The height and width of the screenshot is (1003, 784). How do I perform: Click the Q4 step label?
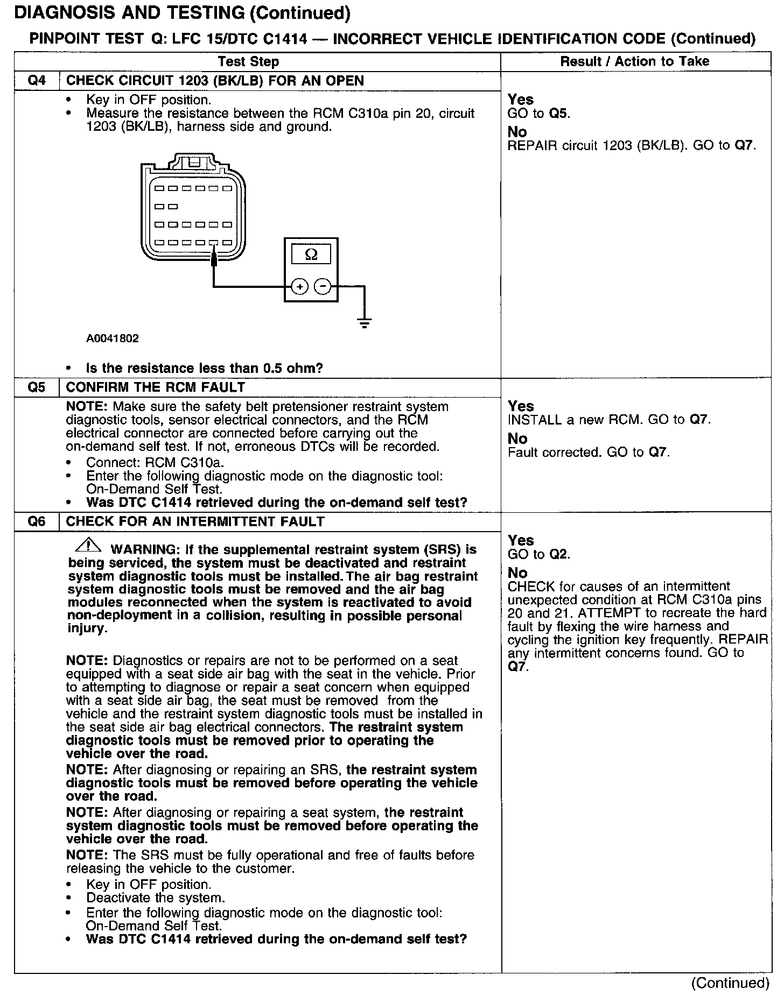point(37,81)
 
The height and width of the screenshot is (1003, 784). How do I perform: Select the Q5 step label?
point(37,387)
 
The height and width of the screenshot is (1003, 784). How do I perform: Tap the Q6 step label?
point(37,521)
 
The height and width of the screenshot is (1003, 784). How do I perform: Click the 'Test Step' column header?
point(249,61)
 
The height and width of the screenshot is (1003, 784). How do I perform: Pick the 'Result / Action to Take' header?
point(635,61)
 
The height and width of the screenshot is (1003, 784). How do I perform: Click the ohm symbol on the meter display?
point(311,255)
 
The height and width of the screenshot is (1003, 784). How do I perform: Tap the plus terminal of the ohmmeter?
point(299,287)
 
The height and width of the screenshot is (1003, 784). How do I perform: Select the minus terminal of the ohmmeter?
point(323,287)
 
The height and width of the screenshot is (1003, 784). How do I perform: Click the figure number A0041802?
point(112,338)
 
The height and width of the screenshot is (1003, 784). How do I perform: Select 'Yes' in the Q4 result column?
point(520,100)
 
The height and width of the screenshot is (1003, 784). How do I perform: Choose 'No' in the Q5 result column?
point(517,439)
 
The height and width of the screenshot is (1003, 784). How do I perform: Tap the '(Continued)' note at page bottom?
point(730,983)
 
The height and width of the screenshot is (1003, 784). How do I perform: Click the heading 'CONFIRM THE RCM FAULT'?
point(155,387)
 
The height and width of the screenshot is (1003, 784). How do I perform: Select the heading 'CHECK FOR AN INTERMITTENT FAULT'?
point(195,521)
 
